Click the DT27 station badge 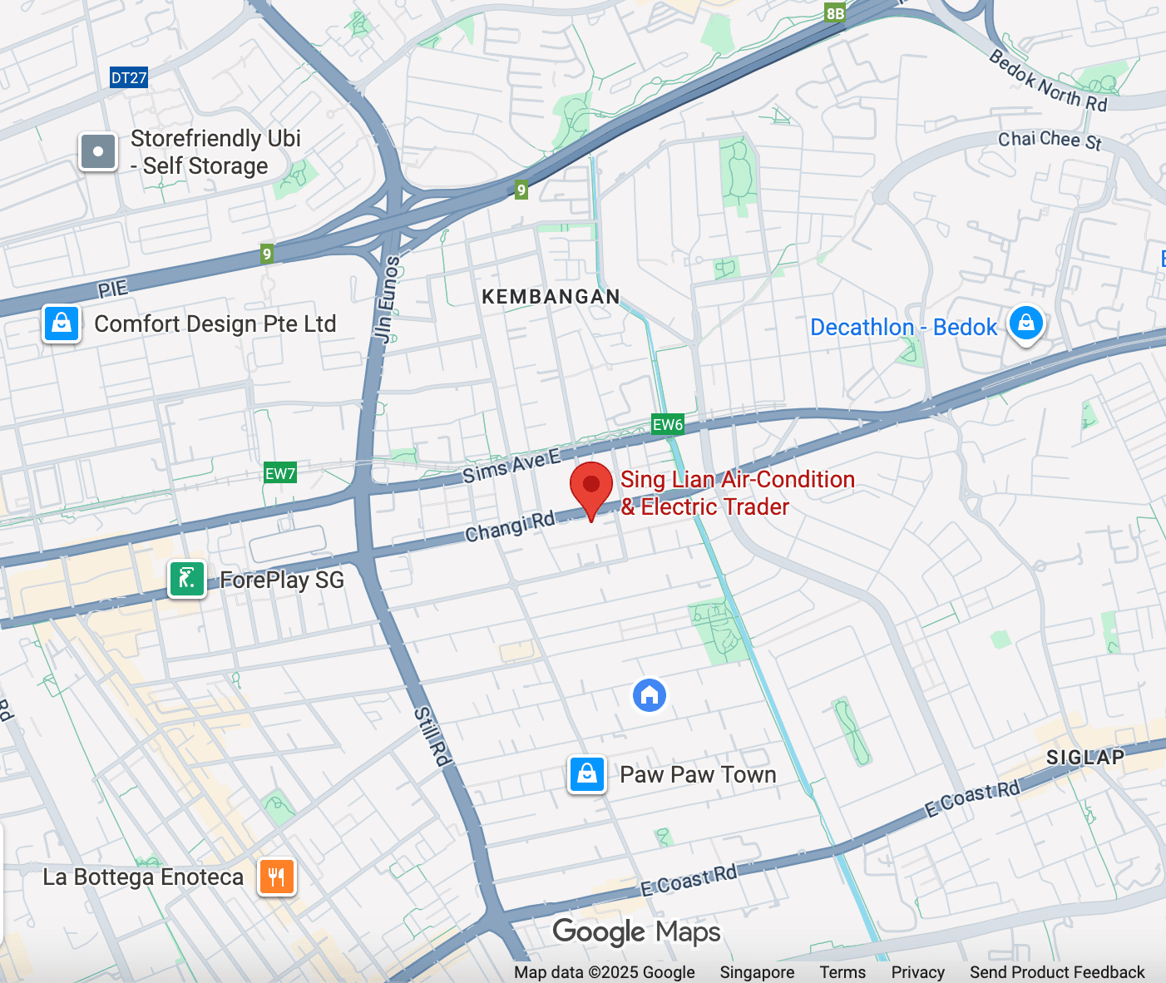[x=129, y=78]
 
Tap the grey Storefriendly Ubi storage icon [x=98, y=151]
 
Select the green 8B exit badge [x=835, y=13]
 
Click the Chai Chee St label [x=1050, y=140]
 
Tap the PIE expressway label [x=113, y=289]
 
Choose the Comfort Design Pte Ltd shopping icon [x=62, y=324]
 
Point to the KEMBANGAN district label [x=551, y=297]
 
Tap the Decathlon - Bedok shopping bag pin [x=1026, y=323]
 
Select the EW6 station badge [x=668, y=425]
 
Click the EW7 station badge [x=280, y=474]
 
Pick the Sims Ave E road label [x=511, y=466]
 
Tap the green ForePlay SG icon [x=187, y=579]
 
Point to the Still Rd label [x=432, y=735]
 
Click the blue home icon [x=650, y=695]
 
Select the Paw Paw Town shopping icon [x=587, y=774]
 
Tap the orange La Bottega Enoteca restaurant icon [x=277, y=877]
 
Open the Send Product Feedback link [x=1057, y=972]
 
